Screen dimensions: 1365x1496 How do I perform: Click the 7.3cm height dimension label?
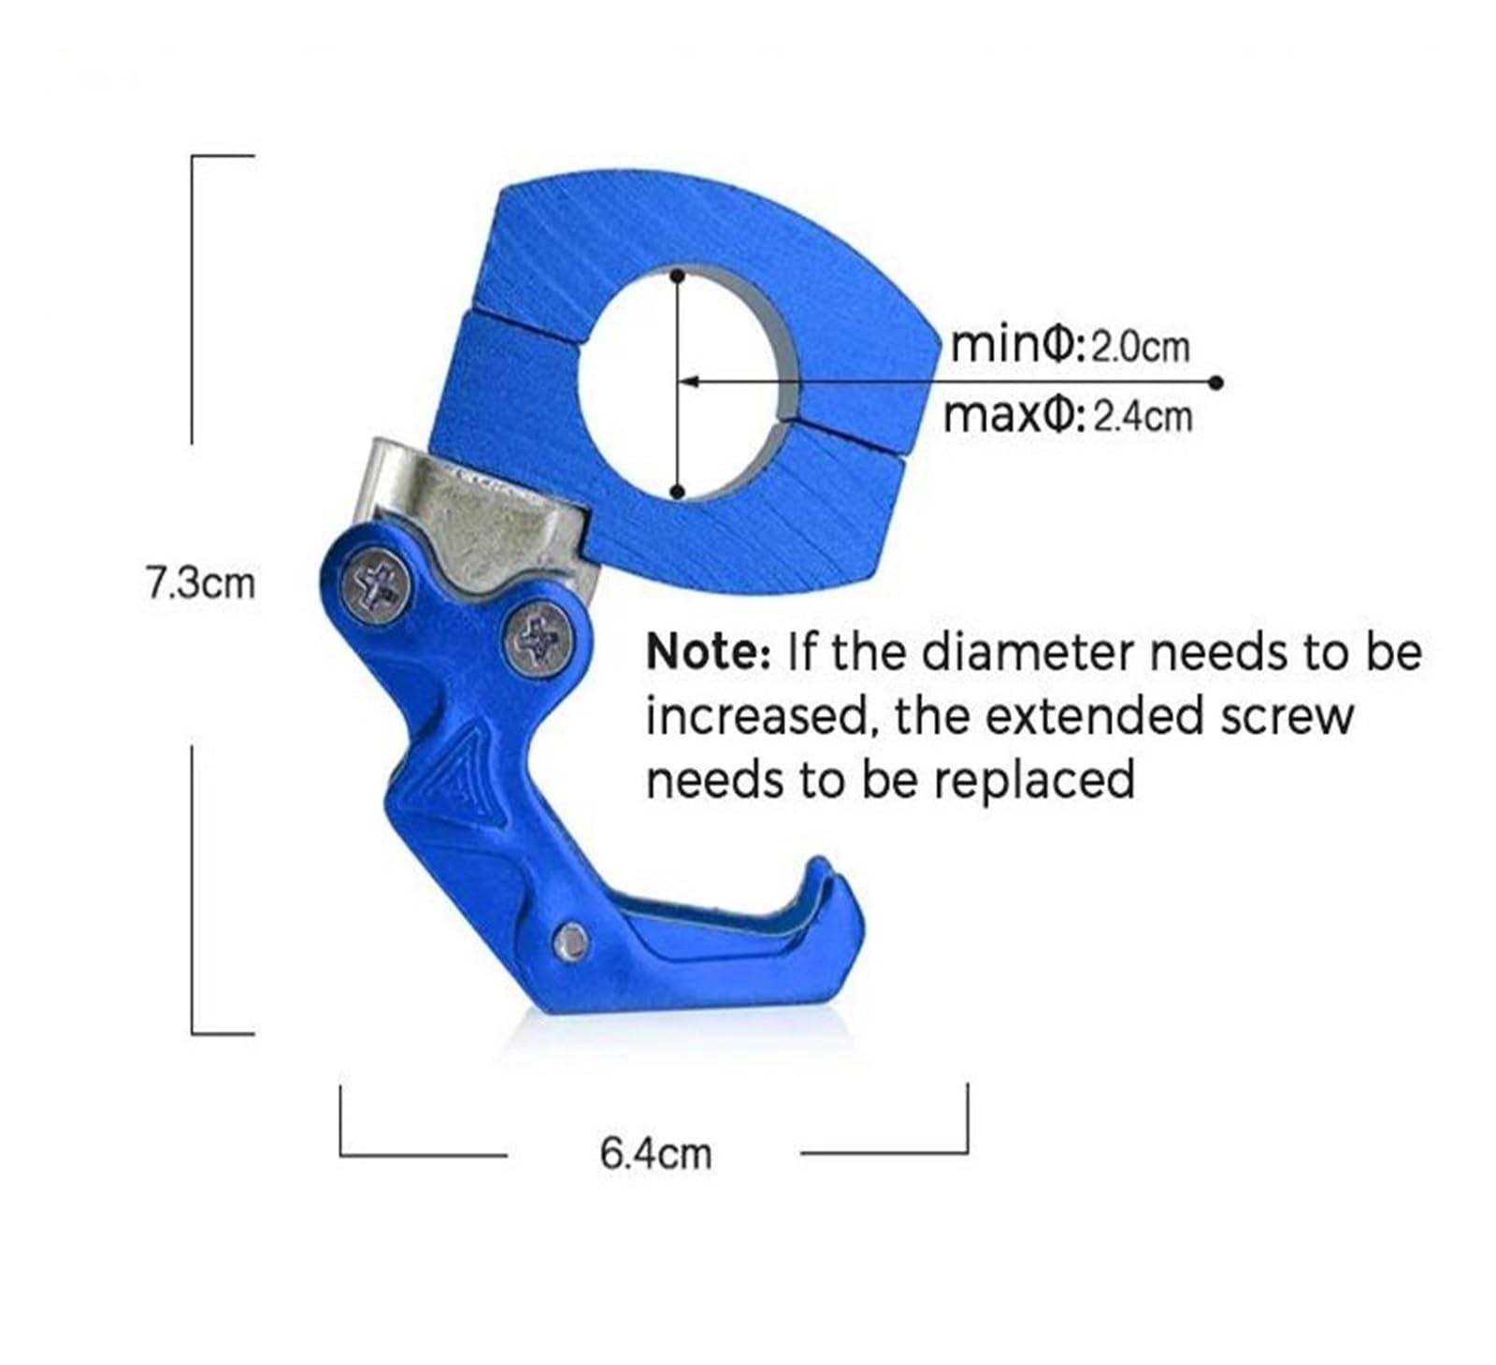pos(200,583)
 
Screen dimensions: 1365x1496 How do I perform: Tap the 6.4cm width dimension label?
pos(655,1154)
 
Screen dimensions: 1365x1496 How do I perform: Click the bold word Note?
pos(707,651)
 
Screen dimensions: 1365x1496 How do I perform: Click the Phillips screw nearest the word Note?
pos(539,640)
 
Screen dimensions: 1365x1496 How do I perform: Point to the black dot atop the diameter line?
pos(677,275)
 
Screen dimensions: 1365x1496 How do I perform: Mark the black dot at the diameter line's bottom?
pos(678,492)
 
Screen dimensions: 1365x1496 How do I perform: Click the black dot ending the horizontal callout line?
pos(1215,382)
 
